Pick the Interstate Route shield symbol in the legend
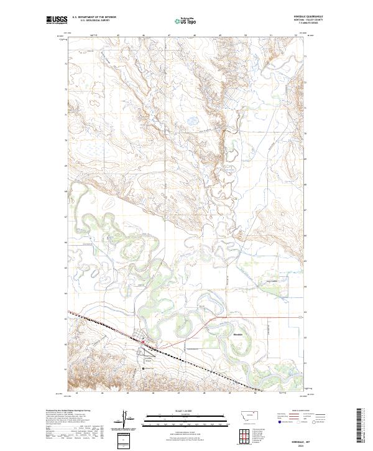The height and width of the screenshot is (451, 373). [278, 421]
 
